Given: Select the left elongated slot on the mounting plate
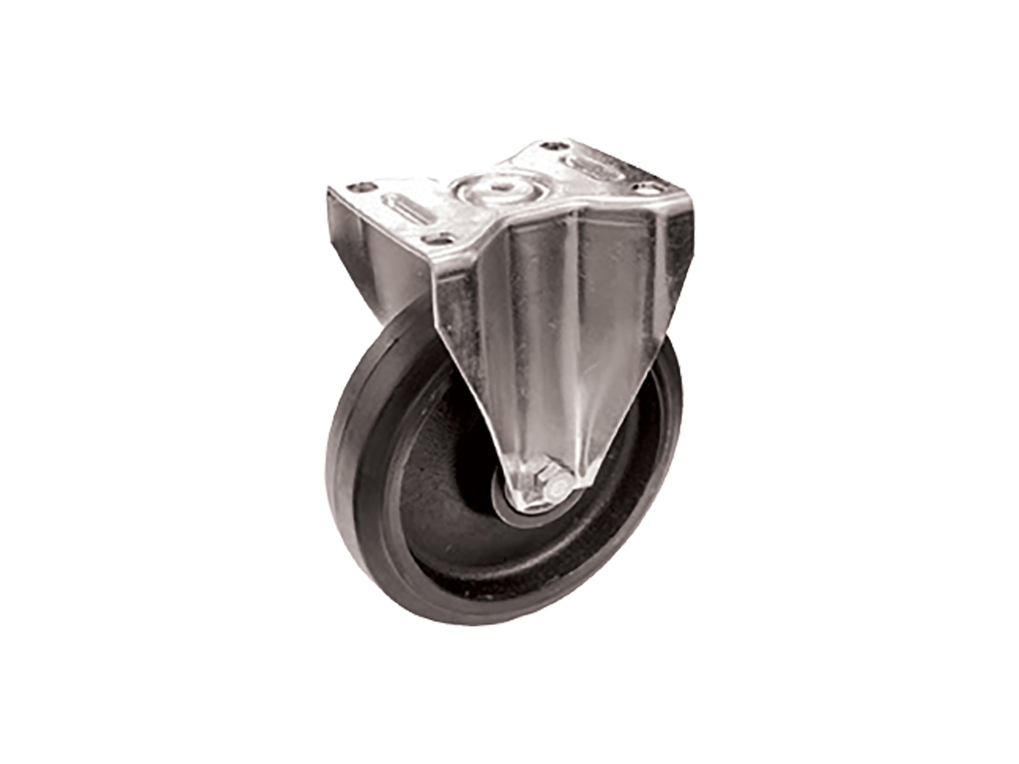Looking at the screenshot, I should [404, 211].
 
